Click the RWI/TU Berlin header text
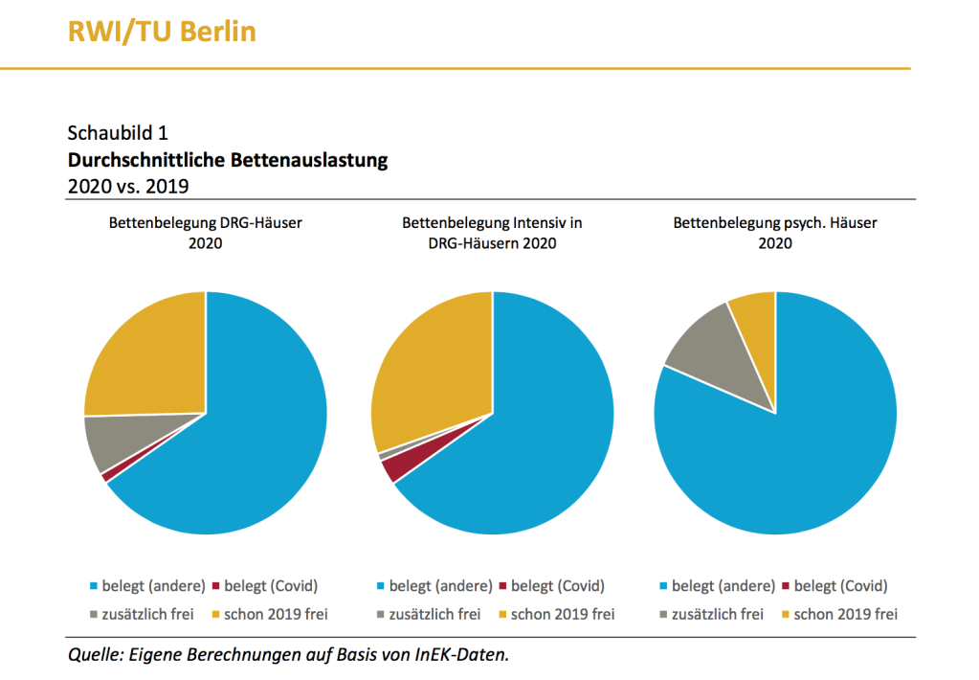click(x=162, y=32)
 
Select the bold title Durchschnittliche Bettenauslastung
click(x=228, y=159)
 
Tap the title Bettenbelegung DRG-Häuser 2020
click(x=205, y=233)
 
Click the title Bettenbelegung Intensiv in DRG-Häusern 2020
click(x=492, y=233)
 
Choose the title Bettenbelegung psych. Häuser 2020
click(x=775, y=233)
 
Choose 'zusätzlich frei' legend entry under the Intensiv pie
click(x=430, y=614)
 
